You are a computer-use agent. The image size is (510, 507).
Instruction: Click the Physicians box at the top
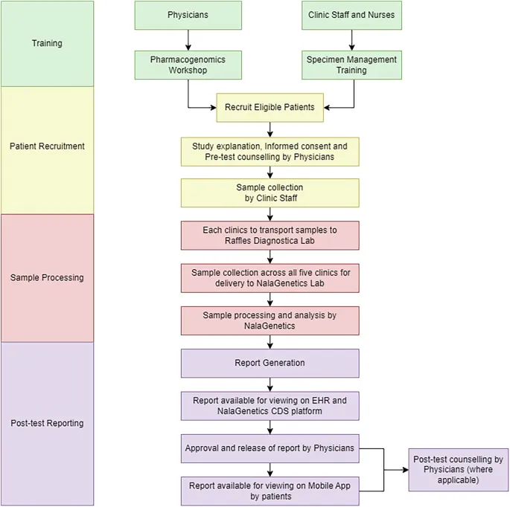click(x=188, y=15)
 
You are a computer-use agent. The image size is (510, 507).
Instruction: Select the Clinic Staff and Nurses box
click(x=352, y=15)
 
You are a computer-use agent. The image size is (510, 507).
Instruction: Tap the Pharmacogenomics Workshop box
click(x=188, y=65)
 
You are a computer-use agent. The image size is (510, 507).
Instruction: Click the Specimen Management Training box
click(x=352, y=65)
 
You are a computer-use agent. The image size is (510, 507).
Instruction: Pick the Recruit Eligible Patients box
click(x=270, y=107)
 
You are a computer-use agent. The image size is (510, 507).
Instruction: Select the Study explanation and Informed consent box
click(x=270, y=151)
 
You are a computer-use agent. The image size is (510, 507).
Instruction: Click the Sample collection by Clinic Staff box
click(x=270, y=193)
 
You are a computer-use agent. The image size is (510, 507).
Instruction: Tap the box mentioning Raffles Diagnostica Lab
click(x=270, y=235)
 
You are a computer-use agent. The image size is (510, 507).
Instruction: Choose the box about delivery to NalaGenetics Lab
click(x=270, y=277)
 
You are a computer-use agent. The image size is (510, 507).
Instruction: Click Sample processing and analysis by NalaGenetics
click(x=270, y=320)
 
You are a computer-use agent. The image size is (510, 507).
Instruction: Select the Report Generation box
click(x=270, y=363)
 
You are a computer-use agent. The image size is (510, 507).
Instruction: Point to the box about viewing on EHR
click(x=270, y=405)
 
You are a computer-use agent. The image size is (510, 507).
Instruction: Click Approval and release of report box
click(x=270, y=448)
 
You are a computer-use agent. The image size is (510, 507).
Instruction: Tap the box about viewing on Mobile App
click(x=270, y=491)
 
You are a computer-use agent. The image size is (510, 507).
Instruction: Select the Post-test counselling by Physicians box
click(x=458, y=470)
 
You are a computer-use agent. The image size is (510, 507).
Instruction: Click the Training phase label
click(x=47, y=43)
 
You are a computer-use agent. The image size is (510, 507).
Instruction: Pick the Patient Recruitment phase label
click(x=47, y=146)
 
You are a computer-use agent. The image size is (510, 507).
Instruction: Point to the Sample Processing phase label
click(x=47, y=277)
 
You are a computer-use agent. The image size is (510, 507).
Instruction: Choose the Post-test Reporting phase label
click(x=47, y=423)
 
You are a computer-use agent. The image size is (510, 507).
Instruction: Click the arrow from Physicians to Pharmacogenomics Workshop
click(x=188, y=39)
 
